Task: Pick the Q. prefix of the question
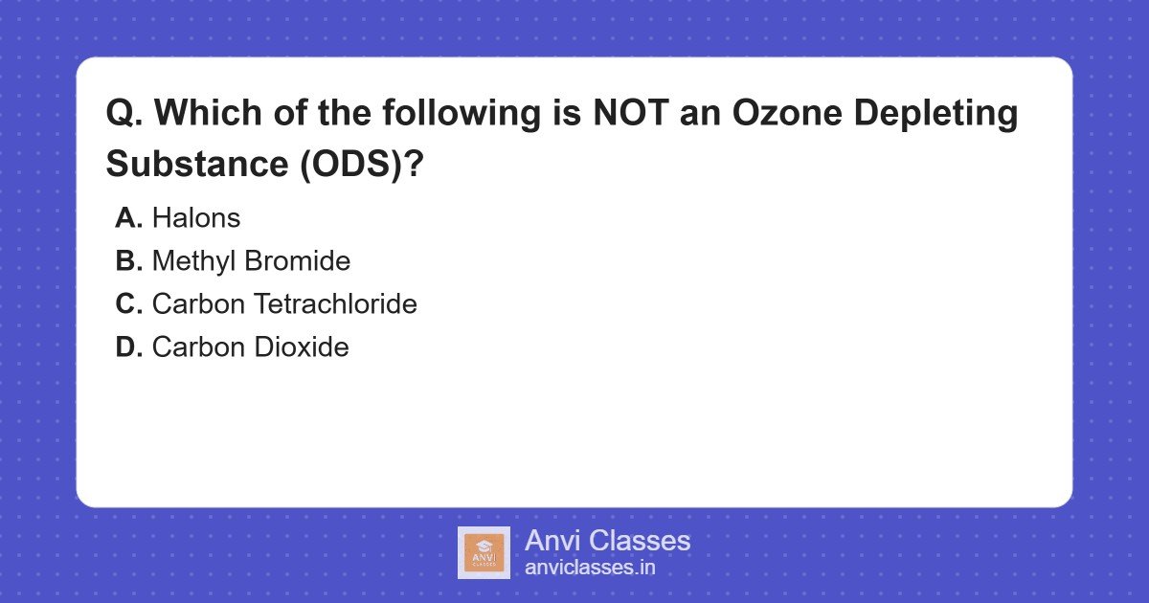pos(125,114)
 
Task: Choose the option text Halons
pos(196,218)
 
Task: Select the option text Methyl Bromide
pos(251,261)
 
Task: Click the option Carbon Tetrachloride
pos(284,304)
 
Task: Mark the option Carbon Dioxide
pos(250,347)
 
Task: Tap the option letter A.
pos(128,218)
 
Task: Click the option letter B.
pos(128,261)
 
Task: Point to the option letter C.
pos(128,304)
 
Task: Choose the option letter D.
pos(128,347)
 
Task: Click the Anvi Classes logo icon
pos(484,552)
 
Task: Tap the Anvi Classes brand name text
pos(607,541)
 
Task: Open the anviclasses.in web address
pos(590,568)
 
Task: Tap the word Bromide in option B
pos(303,261)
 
